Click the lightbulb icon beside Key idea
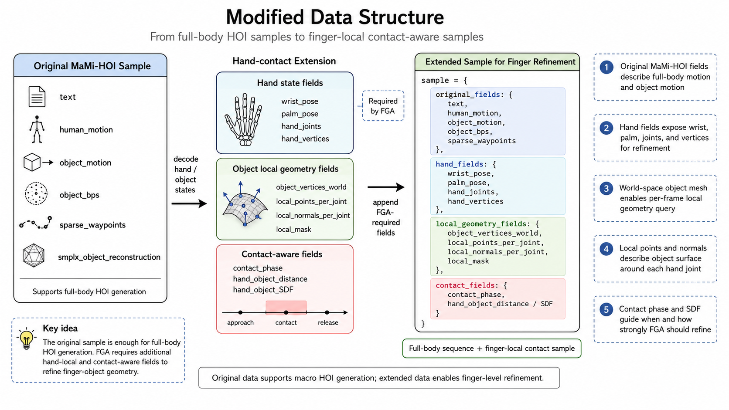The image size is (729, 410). (26, 339)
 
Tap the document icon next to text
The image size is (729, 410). (37, 97)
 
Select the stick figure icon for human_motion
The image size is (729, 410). (37, 129)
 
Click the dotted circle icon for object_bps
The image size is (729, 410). (36, 193)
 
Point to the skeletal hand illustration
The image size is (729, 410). (244, 119)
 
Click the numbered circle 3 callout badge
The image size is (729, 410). (606, 189)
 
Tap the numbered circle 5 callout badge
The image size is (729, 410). (606, 309)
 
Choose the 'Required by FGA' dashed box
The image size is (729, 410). (383, 106)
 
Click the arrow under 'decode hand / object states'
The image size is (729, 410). (189, 204)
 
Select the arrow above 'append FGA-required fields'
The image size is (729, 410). (386, 187)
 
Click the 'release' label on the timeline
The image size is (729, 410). (328, 322)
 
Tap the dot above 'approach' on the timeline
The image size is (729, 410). (240, 312)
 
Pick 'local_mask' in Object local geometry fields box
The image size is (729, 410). (293, 230)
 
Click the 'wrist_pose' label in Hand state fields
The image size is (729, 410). (300, 102)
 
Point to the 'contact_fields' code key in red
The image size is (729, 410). (465, 285)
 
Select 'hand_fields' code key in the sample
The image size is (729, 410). (459, 164)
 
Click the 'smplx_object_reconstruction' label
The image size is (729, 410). (109, 257)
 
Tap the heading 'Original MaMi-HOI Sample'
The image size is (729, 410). (92, 66)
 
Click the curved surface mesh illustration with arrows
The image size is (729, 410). (245, 204)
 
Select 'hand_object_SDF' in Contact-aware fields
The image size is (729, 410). (263, 290)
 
